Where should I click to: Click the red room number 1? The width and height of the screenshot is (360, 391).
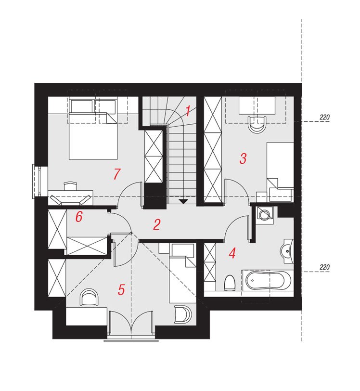click(x=188, y=111)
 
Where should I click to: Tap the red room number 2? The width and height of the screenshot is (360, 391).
click(x=156, y=224)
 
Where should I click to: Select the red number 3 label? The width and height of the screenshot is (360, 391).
click(x=243, y=158)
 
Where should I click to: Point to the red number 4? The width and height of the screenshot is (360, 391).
click(x=232, y=253)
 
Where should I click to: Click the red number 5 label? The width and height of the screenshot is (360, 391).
click(x=121, y=290)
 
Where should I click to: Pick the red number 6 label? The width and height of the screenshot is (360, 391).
click(x=79, y=217)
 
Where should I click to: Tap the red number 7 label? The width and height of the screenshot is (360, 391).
click(x=116, y=174)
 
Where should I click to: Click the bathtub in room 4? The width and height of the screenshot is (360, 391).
click(x=268, y=281)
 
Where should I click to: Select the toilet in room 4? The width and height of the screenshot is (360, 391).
click(x=230, y=283)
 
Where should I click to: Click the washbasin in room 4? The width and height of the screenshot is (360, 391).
click(x=287, y=251)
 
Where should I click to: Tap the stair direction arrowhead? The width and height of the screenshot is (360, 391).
click(x=183, y=201)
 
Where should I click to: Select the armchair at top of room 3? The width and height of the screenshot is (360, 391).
click(x=258, y=124)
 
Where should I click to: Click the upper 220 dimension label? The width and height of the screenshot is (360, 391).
click(x=324, y=117)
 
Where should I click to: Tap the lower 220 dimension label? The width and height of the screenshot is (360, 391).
click(x=324, y=267)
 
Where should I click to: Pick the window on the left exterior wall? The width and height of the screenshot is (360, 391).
click(x=37, y=181)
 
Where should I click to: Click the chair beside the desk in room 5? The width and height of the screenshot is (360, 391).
click(x=89, y=298)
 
